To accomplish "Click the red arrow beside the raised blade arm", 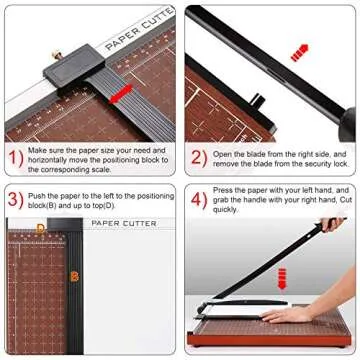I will point(299,51).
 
